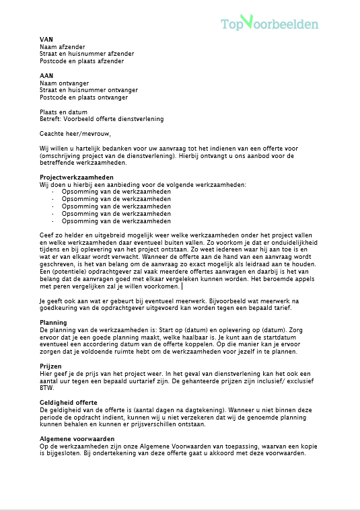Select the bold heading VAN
pyautogui.click(x=46, y=39)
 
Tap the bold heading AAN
pyautogui.click(x=46, y=75)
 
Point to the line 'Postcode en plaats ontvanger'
pyautogui.click(x=83, y=97)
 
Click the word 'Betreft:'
pyautogui.click(x=51, y=119)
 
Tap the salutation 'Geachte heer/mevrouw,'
pyautogui.click(x=75, y=133)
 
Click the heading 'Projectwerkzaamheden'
pyautogui.click(x=76, y=177)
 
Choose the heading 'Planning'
pyautogui.click(x=53, y=323)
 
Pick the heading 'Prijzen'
pyautogui.click(x=51, y=366)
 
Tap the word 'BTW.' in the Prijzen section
pyautogui.click(x=47, y=388)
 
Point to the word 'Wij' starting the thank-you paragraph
pyautogui.click(x=44, y=148)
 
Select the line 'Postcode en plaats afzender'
pyautogui.click(x=82, y=61)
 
